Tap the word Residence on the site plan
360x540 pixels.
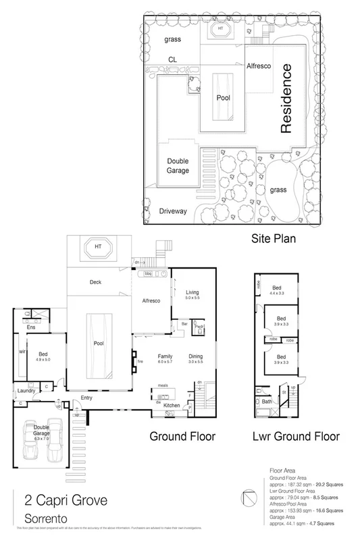point(286,99)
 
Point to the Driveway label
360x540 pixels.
point(172,211)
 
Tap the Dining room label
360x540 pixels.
point(195,356)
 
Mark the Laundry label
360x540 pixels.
point(26,390)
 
